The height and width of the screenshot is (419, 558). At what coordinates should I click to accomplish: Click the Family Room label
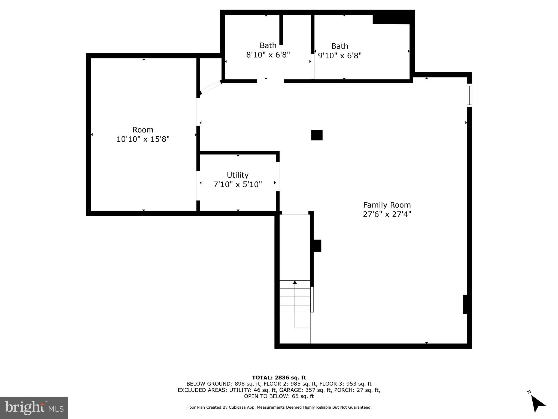tap(387, 205)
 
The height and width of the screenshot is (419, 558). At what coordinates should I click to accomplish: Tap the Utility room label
tap(238, 175)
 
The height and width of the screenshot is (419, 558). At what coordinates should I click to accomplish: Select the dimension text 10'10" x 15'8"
tap(143, 139)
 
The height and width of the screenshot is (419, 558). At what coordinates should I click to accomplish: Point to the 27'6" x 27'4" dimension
tap(387, 214)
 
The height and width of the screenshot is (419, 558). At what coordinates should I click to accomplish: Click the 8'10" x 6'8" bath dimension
tap(268, 55)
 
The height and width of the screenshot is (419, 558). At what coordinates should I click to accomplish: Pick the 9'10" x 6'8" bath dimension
tap(340, 56)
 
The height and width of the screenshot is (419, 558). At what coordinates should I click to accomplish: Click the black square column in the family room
tap(317, 135)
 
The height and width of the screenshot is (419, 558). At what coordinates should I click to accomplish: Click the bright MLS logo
tap(34, 408)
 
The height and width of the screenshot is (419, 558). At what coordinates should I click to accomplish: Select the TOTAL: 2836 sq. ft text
tap(279, 378)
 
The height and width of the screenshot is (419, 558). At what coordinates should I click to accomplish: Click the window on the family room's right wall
tap(469, 95)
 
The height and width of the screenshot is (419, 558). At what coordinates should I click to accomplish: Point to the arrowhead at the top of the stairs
tap(295, 282)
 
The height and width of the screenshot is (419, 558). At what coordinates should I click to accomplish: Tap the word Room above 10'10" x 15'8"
tap(143, 130)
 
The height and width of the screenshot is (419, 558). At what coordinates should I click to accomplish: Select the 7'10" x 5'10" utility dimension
tap(238, 184)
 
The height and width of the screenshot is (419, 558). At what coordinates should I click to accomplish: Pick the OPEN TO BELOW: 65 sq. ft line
tap(279, 396)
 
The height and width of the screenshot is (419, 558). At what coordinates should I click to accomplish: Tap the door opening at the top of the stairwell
tap(295, 213)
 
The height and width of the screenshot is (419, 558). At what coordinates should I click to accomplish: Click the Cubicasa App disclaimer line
tap(279, 407)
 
